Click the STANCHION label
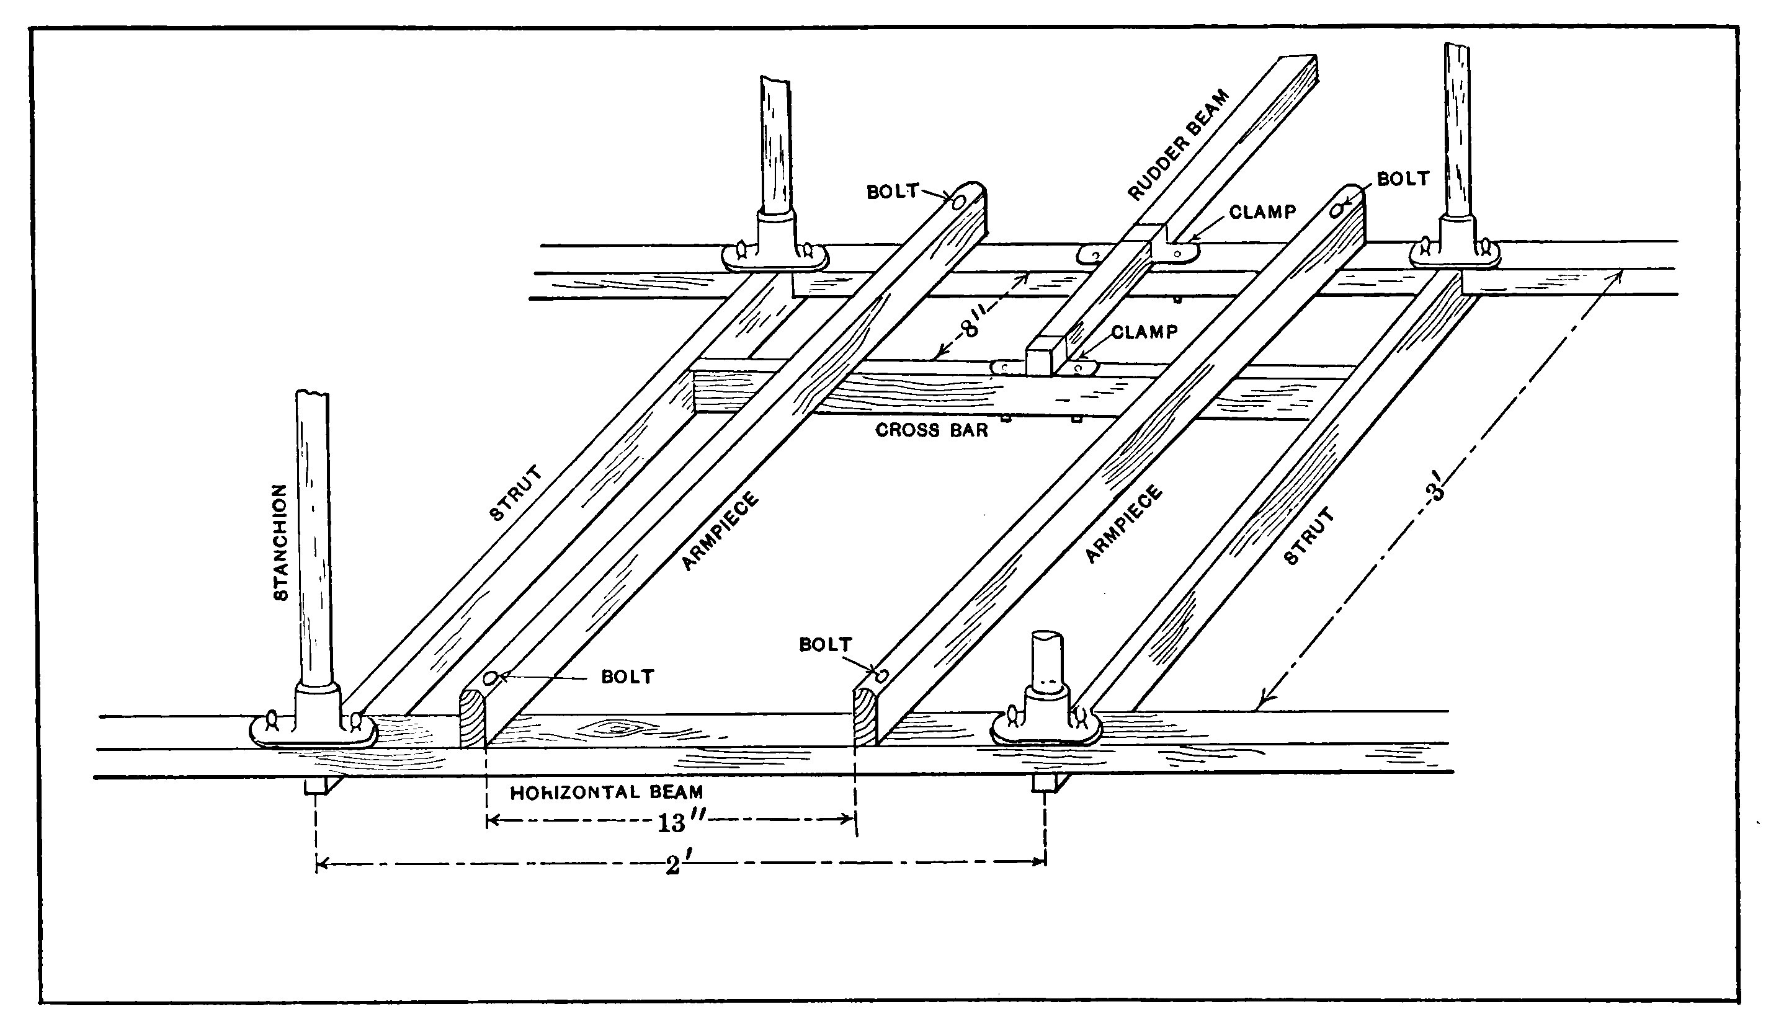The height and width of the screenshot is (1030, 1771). click(280, 542)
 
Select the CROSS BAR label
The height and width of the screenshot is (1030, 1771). click(931, 430)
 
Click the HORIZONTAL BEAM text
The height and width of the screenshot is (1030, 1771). click(607, 792)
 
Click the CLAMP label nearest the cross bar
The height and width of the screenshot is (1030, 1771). click(1144, 332)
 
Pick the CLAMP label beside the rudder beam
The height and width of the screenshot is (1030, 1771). click(1262, 211)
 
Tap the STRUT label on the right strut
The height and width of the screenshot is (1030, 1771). click(1309, 537)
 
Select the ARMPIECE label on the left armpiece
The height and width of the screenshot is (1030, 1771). click(720, 531)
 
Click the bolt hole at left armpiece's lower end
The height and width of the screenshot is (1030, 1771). click(492, 678)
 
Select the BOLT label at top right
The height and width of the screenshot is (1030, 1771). click(1403, 179)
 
